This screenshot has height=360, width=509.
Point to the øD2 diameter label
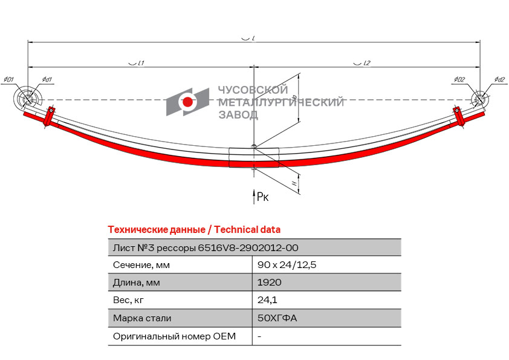459,79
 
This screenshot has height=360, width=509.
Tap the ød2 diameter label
499,79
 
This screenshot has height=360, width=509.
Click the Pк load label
263,196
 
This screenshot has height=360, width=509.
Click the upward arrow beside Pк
254,195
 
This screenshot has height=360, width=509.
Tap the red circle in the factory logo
188,102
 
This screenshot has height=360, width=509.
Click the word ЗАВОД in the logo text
238,114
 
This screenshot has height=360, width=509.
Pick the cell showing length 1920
269,283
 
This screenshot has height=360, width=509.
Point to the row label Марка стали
142,318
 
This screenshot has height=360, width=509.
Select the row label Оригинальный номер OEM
174,336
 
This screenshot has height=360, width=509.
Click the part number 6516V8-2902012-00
248,247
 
